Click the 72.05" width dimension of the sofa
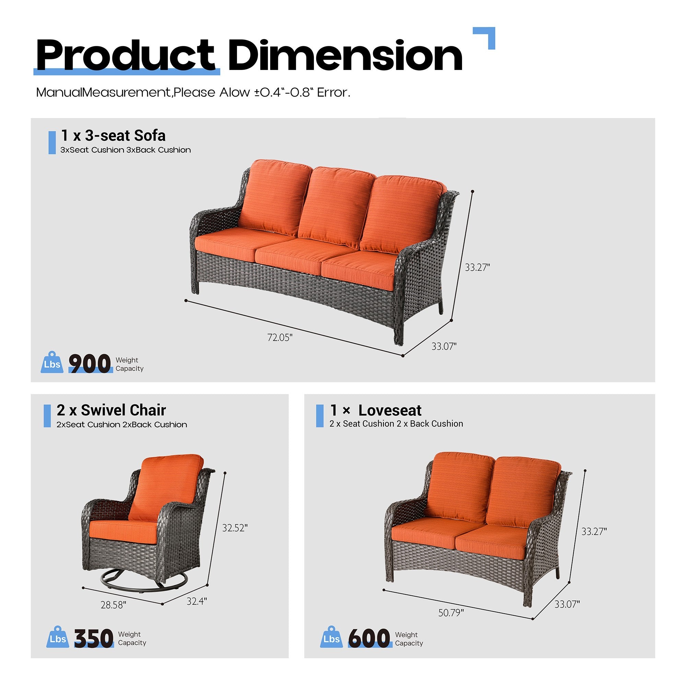coord(280,337)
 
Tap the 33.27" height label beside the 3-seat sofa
coord(477,268)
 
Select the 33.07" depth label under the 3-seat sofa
coord(444,346)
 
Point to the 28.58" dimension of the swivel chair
coord(113,605)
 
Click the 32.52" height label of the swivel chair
coord(235,528)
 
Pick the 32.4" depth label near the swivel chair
coord(197,601)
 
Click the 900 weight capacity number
coord(90,364)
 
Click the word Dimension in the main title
coord(345,56)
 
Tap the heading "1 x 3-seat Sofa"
coord(113,135)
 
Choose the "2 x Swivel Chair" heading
coord(111,410)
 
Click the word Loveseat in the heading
coord(390,411)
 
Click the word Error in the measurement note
coord(333,93)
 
